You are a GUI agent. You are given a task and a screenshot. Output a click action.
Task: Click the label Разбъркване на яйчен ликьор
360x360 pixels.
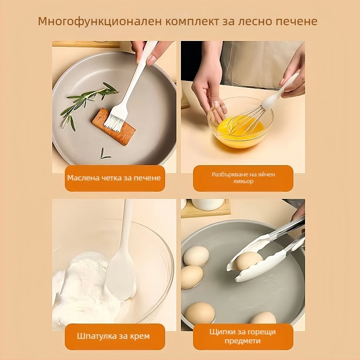[x=243, y=178]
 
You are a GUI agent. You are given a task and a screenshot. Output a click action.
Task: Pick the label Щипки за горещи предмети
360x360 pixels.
[x=243, y=337]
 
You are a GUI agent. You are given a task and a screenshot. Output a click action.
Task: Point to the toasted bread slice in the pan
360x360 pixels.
[x=114, y=127]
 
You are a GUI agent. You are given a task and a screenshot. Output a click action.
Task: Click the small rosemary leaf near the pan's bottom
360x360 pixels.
[x=104, y=154]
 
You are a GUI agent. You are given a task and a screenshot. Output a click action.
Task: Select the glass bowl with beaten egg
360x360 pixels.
[x=240, y=123]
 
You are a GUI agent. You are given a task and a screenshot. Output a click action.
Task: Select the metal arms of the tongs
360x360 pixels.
[x=287, y=234]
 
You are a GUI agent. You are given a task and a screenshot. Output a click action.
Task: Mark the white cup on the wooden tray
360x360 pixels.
[x=208, y=204]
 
